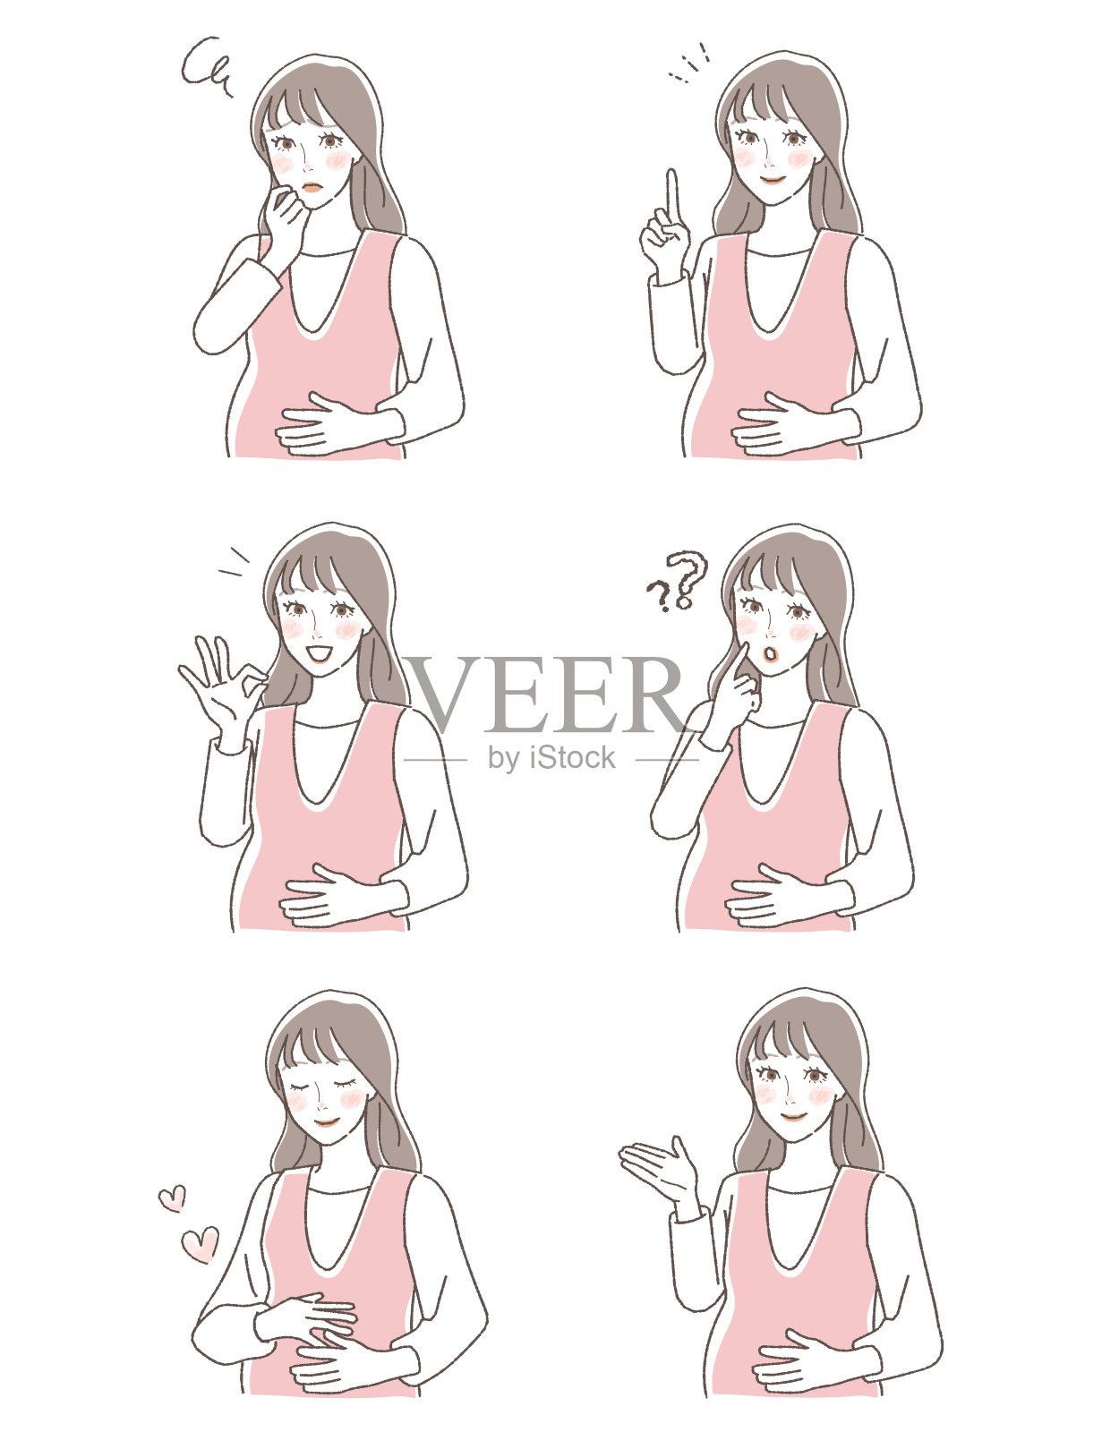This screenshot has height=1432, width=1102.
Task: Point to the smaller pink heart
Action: [x=172, y=1198]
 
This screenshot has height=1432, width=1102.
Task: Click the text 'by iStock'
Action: [x=551, y=758]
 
